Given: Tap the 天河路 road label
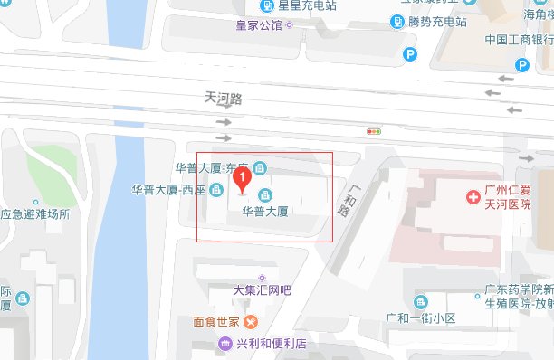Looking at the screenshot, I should [x=224, y=97].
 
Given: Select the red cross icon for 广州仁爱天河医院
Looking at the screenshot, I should [x=472, y=196].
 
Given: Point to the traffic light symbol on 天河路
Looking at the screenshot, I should [x=373, y=131].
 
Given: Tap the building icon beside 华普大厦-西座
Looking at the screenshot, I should [x=216, y=191].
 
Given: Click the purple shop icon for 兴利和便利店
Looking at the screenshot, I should [x=224, y=344].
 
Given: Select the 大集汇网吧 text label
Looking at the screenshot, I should [x=263, y=291].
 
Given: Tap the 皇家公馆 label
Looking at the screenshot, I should [x=258, y=24].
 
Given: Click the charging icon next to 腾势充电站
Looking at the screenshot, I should [x=398, y=21].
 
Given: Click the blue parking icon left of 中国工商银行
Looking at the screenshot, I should [x=410, y=55].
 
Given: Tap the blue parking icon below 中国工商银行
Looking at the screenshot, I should [x=521, y=64].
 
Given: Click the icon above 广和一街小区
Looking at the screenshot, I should [x=420, y=301].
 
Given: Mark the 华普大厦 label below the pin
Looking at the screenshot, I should [x=264, y=213].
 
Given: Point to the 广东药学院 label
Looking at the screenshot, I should [x=517, y=289].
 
